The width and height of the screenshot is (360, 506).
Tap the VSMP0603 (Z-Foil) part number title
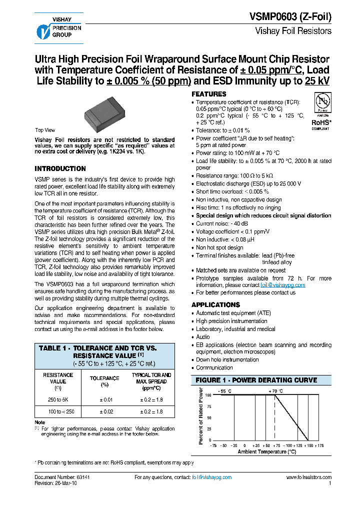coord(290,16)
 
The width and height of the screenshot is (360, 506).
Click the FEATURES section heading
coord(209,94)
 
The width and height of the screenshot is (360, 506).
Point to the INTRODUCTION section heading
coord(60,168)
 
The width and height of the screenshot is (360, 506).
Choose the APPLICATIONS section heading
coord(215,304)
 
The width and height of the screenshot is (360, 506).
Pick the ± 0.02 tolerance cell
coord(104,411)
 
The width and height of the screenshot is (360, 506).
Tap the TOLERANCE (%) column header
coord(104,381)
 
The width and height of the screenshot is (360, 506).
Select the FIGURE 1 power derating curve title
coord(256,380)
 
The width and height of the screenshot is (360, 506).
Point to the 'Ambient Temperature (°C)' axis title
coord(267,451)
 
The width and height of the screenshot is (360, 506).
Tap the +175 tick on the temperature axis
coord(320,445)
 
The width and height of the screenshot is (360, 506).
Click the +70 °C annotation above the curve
coord(275,390)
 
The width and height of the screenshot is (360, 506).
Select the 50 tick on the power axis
coord(208,417)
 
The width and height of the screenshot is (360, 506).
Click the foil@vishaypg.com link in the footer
coord(211,477)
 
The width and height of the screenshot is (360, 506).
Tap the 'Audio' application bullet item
coord(203,337)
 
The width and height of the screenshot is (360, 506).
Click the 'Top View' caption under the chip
coord(45,130)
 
